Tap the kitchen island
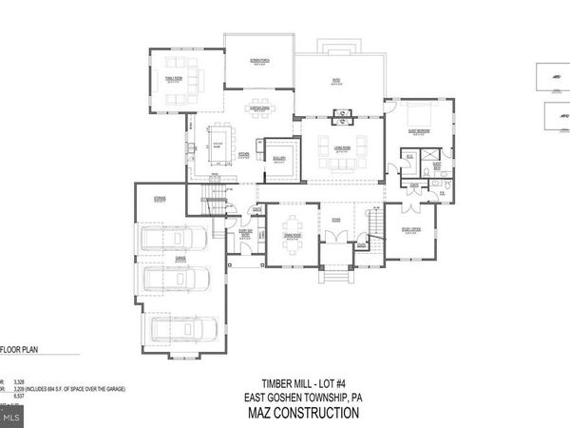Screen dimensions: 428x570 217,143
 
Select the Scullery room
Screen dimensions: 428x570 279,160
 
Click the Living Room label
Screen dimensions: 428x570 340,146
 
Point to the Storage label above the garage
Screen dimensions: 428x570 160,198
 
